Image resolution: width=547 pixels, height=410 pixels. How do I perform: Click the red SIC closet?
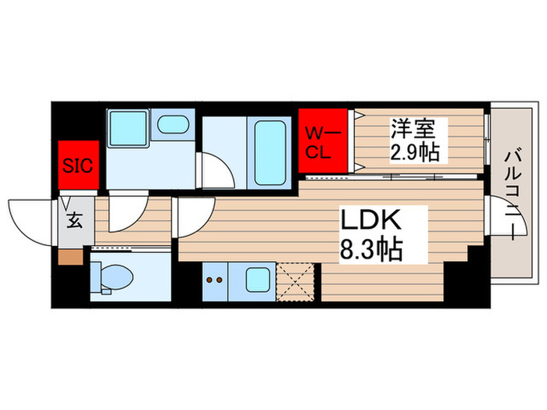(x=77, y=164)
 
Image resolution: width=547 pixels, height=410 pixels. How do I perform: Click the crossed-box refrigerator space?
(x=295, y=283)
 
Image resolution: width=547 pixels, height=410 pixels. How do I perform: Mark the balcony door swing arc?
(x=498, y=215)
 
